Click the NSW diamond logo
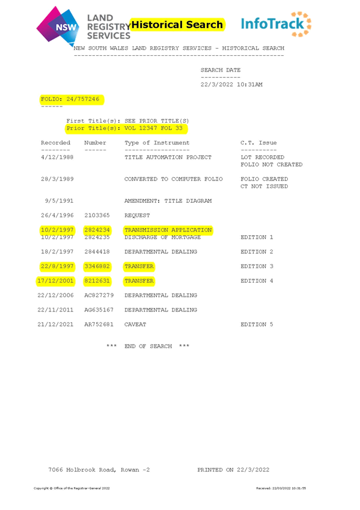coord(58,26)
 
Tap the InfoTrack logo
coord(276,24)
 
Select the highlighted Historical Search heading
coord(177,25)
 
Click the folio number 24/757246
coord(83,99)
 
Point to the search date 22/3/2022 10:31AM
coord(231,85)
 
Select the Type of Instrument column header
coord(157,143)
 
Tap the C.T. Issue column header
coord(258,143)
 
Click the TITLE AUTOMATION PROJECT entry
coord(168,158)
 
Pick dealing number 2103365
coord(97,215)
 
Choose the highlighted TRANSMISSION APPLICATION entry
coord(168,230)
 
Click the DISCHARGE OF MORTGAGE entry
coord(162,238)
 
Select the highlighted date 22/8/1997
coord(57,266)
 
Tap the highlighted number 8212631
coord(97,281)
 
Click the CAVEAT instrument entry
coord(135,325)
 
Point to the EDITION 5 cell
coord(257,325)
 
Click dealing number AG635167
coord(99,310)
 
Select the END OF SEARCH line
coord(148,346)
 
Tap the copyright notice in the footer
coord(72,488)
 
